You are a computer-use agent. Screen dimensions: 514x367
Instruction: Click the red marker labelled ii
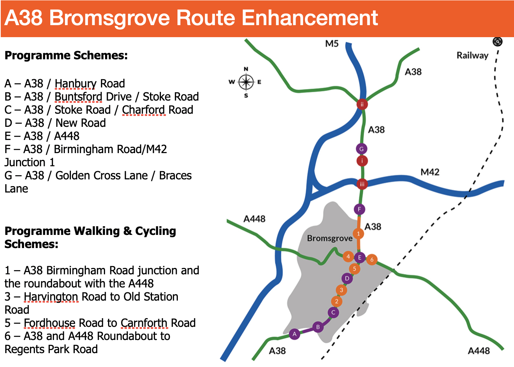pos(362,104)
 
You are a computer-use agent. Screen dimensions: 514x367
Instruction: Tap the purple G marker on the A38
pos(361,149)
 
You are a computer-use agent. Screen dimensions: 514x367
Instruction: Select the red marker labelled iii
pos(362,184)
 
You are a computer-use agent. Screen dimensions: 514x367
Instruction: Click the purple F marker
pos(359,209)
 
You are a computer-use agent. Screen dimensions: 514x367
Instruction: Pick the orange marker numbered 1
pos(358,234)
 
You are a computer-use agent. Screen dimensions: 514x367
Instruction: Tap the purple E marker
pos(359,257)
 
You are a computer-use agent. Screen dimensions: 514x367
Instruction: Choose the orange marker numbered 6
pos(372,260)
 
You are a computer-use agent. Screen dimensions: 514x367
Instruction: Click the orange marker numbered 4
pos(348,256)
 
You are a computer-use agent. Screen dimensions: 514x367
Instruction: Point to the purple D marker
pos(347,279)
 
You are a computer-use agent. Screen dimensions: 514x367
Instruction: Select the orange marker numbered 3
pos(341,290)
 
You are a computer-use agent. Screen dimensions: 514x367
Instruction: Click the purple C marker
pos(333,312)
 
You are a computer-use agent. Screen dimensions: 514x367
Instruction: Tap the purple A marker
pos(295,334)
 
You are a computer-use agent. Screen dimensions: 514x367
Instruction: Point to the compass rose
pos(246,82)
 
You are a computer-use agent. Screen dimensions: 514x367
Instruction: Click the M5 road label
pos(332,44)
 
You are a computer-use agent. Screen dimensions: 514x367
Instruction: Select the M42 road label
pos(430,172)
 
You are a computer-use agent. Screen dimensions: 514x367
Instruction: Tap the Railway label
pos(472,56)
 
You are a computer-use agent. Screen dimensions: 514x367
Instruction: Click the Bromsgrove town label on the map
pos(330,238)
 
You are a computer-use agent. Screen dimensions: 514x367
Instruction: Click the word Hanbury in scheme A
pos(75,84)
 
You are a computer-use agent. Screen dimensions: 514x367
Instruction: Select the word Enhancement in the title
pos(310,18)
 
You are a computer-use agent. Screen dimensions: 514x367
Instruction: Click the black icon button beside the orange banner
pos(497,42)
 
